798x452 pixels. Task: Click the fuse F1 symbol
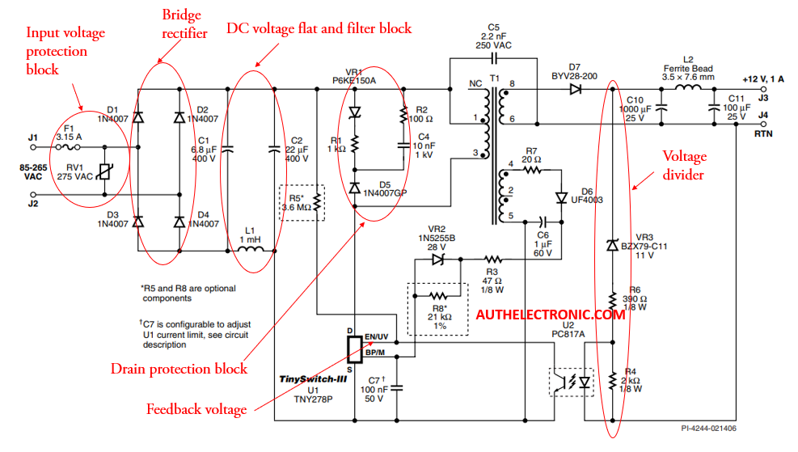point(68,147)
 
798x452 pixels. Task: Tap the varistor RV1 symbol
point(105,172)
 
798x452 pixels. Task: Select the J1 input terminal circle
point(33,147)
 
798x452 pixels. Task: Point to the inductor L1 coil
point(251,249)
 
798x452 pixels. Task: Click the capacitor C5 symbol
point(494,58)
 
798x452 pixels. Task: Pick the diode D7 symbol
point(576,90)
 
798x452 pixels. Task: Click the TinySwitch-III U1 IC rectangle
point(355,349)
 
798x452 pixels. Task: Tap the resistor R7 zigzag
point(532,171)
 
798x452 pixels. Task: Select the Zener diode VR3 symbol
point(613,245)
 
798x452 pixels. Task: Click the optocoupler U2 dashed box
point(572,382)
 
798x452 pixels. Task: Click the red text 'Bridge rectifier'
point(184,24)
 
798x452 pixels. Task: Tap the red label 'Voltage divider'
point(684,165)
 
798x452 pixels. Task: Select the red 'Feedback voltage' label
point(196,409)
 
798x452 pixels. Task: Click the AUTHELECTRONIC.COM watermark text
point(550,315)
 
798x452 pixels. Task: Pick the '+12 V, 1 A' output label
point(763,79)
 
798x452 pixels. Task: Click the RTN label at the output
point(763,134)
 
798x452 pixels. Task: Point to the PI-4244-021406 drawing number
point(708,429)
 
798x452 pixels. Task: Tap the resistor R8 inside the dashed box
point(438,296)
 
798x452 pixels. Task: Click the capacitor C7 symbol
point(396,388)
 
